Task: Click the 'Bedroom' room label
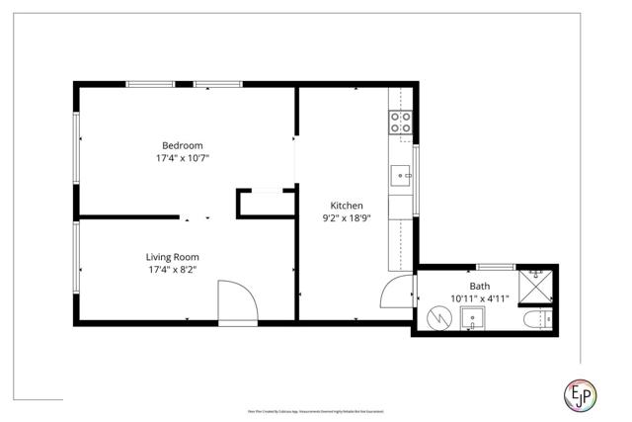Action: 183,145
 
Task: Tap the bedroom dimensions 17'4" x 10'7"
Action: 183,158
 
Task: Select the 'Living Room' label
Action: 173,256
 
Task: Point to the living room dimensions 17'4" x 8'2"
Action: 173,269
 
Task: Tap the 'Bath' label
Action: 479,286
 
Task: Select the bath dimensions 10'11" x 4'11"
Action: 479,298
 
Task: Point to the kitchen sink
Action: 402,177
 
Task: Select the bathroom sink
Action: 473,320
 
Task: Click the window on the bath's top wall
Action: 495,265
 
